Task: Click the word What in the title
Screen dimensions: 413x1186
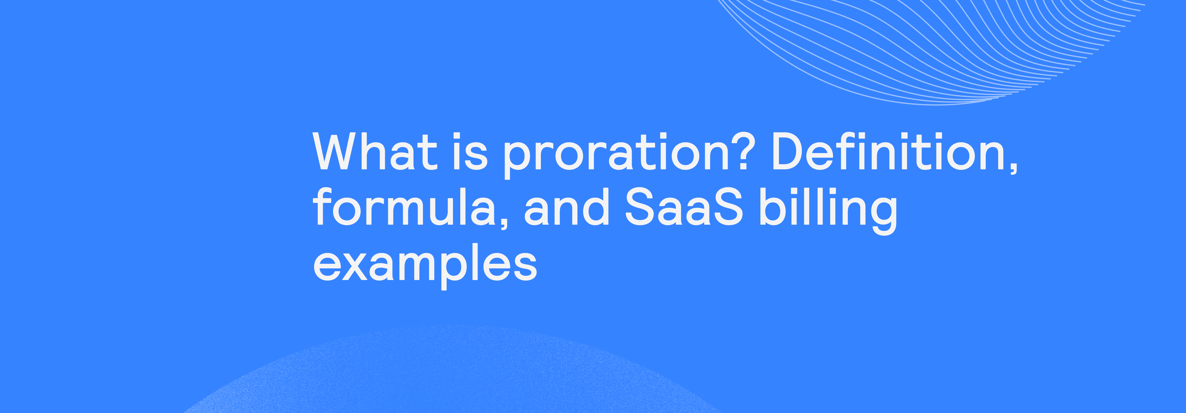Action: pos(374,152)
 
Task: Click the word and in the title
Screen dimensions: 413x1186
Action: pos(567,207)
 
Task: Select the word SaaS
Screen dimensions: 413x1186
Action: pos(684,207)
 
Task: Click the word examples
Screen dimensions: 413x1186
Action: pos(424,265)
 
